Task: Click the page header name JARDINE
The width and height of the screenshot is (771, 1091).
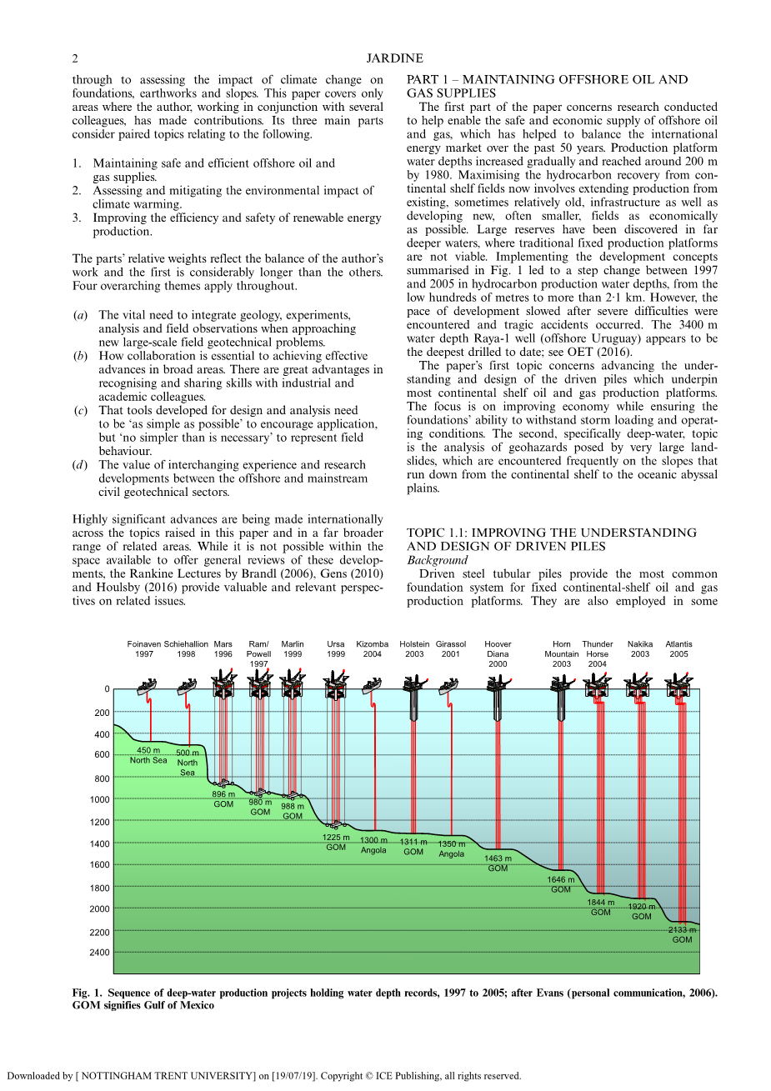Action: pyautogui.click(x=394, y=58)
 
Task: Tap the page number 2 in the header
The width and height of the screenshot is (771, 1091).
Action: pyautogui.click(x=75, y=58)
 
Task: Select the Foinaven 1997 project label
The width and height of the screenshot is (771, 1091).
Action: pyautogui.click(x=144, y=649)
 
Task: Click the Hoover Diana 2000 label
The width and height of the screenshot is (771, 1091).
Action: pyautogui.click(x=498, y=653)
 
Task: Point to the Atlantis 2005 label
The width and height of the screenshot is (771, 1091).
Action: pyautogui.click(x=678, y=649)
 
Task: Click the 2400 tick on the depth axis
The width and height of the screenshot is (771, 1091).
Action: pyautogui.click(x=99, y=953)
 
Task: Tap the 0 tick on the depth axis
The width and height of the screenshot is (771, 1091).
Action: pyautogui.click(x=107, y=689)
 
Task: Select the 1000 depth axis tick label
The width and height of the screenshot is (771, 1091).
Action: pyautogui.click(x=99, y=800)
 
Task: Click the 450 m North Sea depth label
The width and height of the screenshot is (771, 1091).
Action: pyautogui.click(x=148, y=755)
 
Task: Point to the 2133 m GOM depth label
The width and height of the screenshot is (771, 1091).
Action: pyautogui.click(x=683, y=934)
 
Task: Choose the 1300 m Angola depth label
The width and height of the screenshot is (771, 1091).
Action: pyautogui.click(x=373, y=845)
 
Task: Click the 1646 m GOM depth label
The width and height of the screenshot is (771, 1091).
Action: pyautogui.click(x=561, y=884)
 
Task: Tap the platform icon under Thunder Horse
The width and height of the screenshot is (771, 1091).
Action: pyautogui.click(x=597, y=686)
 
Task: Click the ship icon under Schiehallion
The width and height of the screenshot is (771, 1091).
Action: pyautogui.click(x=187, y=687)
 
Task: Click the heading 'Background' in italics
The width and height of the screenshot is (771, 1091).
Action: pyautogui.click(x=438, y=560)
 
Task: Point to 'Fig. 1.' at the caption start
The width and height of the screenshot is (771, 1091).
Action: pyautogui.click(x=87, y=993)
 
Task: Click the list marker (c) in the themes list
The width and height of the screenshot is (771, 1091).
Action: pyautogui.click(x=81, y=410)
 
